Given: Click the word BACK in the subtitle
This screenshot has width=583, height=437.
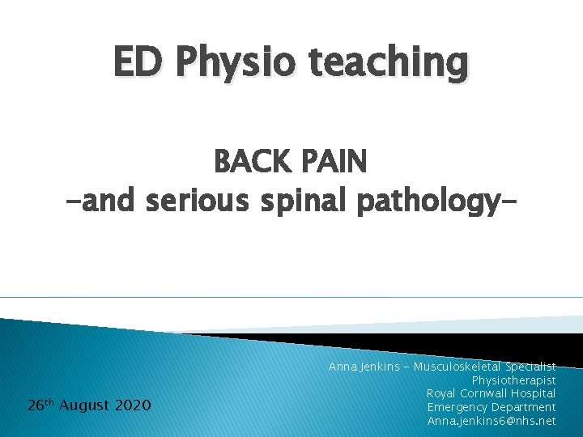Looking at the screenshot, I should point(252,163).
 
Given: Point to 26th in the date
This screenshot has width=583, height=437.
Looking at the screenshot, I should point(39,404).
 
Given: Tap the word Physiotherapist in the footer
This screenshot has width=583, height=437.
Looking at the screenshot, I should point(513,380).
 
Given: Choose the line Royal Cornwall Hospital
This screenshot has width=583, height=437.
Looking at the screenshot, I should point(491,393).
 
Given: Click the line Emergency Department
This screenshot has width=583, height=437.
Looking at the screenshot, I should point(491,407).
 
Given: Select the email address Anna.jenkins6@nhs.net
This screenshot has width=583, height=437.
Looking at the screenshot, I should point(491,421).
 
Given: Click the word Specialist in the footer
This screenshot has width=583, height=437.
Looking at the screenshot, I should point(530,367).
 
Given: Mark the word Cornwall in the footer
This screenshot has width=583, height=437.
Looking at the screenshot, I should point(483,393).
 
